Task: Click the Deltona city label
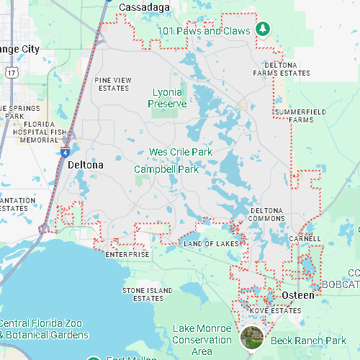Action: pos(85,165)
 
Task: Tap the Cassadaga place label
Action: pos(144,7)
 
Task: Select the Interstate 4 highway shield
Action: pos(65,153)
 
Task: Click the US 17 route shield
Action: pos(11,71)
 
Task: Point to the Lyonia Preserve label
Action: pos(168,98)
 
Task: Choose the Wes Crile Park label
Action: pos(181,153)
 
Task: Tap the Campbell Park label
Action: pos(166,169)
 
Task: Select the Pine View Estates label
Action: pos(113,84)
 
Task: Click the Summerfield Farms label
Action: pos(300,115)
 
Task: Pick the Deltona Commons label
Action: pos(267,215)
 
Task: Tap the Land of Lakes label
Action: pos(211,244)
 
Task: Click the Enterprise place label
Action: pos(127,254)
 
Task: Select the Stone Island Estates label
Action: pos(148,294)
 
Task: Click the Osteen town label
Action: pos(297,296)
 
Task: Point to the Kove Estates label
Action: pos(275,310)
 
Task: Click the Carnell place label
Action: pos(305,238)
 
